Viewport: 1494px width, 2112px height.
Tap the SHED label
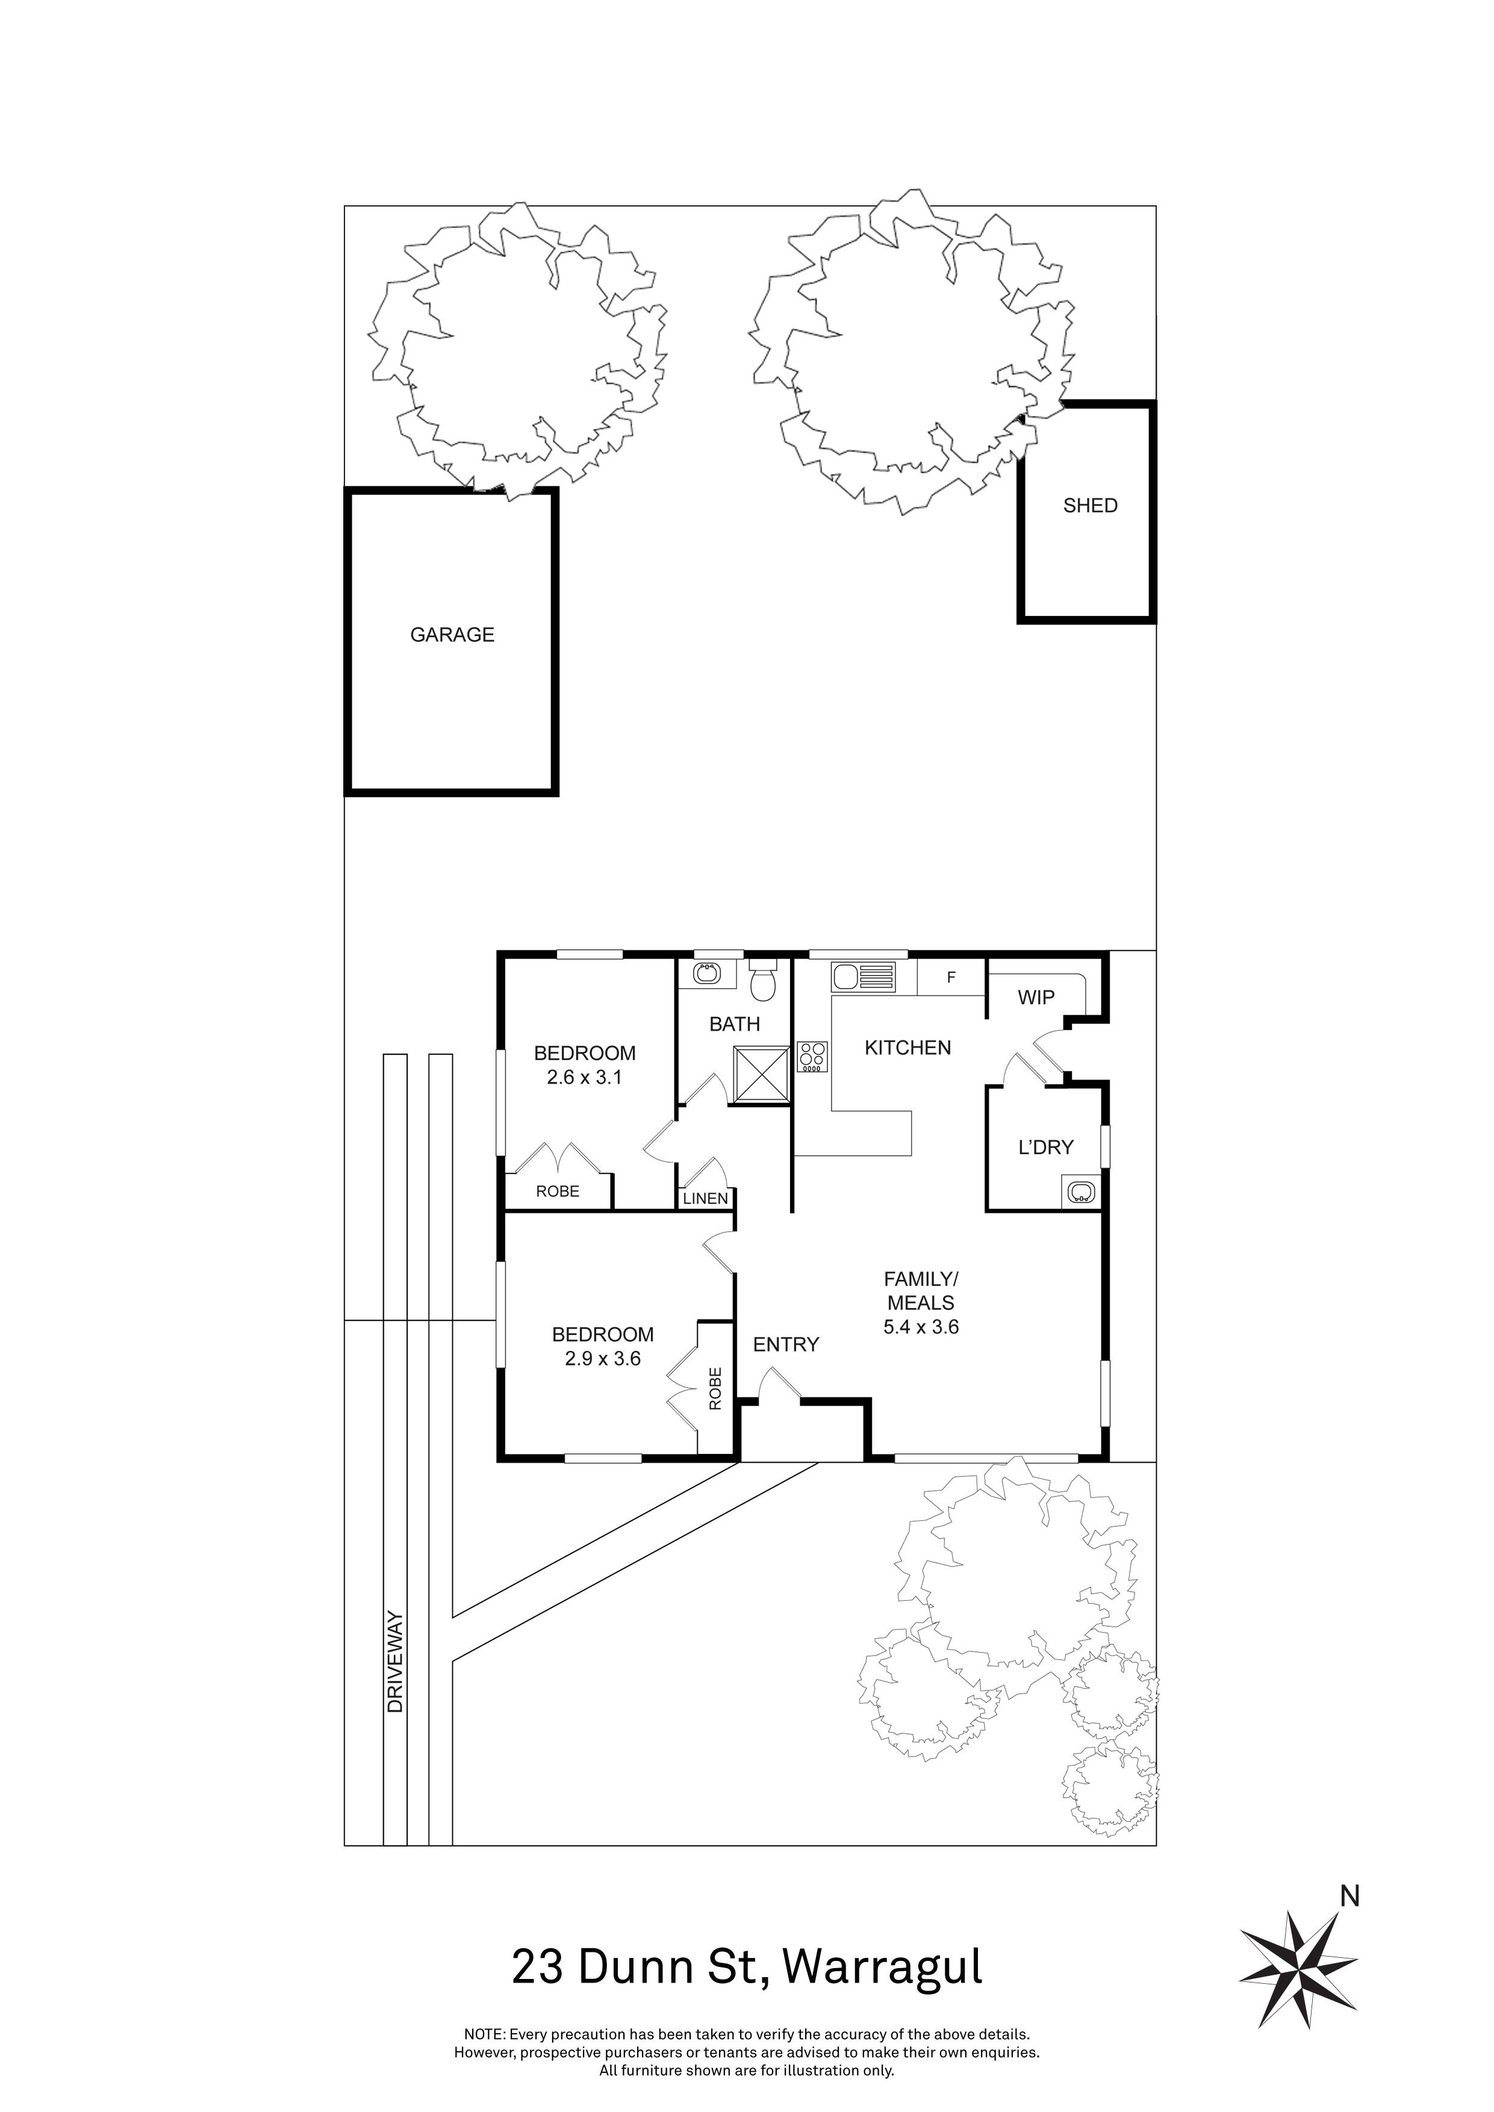[x=1089, y=505]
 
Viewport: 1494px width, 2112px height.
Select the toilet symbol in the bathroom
[x=762, y=981]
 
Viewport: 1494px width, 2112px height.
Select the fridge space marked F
[x=951, y=978]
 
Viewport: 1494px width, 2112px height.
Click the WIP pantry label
[x=1036, y=997]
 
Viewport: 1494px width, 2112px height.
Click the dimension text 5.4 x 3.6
[x=920, y=1326]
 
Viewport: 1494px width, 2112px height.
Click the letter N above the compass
[x=1349, y=1896]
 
